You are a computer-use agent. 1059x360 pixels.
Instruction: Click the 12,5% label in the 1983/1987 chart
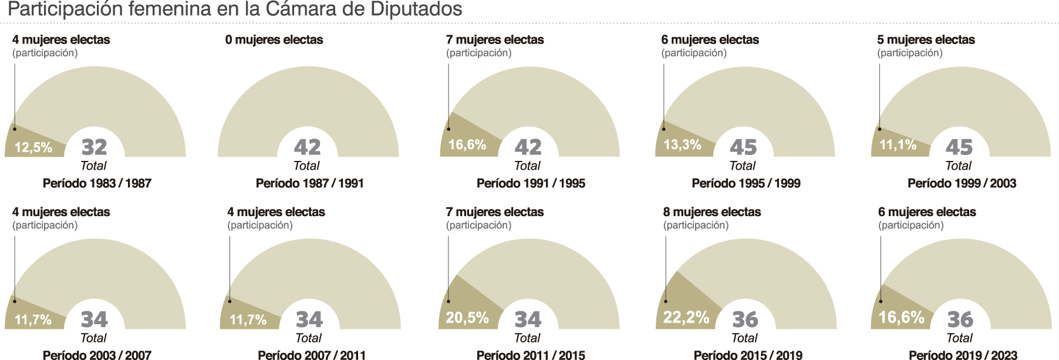click(33, 147)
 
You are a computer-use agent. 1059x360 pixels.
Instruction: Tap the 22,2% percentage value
click(686, 318)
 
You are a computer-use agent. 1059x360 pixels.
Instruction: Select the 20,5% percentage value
click(467, 318)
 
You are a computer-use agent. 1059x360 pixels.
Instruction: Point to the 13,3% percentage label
click(682, 144)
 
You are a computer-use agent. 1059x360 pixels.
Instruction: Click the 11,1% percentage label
click(898, 144)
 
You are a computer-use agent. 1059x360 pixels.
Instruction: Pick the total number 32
click(94, 147)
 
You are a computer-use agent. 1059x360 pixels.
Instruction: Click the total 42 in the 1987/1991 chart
click(307, 147)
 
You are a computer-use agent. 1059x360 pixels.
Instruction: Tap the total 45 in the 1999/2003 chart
click(959, 147)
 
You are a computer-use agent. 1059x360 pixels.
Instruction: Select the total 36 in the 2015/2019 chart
click(746, 319)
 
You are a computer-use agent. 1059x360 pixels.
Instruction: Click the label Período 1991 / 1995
click(531, 183)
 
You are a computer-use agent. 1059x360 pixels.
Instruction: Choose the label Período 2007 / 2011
click(312, 355)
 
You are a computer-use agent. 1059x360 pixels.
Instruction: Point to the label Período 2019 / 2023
click(963, 355)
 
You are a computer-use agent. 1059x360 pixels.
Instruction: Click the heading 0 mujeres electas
click(274, 40)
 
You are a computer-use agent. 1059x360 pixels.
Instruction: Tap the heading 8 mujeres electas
click(712, 212)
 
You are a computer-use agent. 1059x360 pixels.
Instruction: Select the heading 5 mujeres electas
click(926, 40)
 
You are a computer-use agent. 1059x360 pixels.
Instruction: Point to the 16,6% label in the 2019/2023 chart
click(901, 318)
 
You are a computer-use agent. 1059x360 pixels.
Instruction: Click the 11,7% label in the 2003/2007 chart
click(33, 320)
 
